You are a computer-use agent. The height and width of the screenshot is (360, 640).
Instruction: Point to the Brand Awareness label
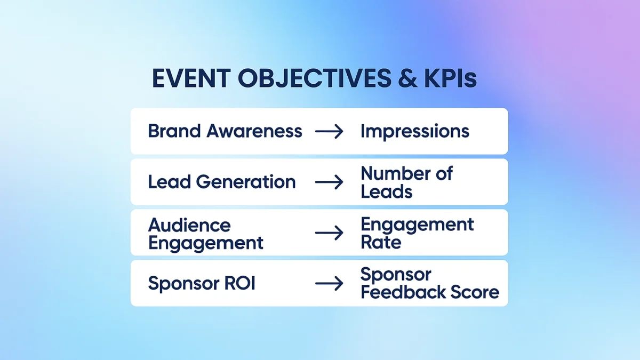(225, 131)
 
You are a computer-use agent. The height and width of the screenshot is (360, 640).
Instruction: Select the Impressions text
(415, 131)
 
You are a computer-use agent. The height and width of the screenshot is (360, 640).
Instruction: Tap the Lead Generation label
(222, 182)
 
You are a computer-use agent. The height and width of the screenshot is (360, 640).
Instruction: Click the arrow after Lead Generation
(329, 182)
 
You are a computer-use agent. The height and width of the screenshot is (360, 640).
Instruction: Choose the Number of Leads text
(406, 182)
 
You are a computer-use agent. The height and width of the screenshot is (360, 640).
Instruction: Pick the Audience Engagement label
(206, 234)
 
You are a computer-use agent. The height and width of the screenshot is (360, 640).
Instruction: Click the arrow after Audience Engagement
(329, 233)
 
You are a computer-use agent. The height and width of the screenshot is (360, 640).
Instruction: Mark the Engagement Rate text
(417, 233)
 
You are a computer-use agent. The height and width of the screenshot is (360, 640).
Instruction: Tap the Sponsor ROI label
(202, 283)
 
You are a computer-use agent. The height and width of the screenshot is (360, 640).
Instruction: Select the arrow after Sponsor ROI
(329, 284)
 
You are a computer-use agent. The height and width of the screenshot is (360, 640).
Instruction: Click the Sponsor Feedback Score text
(430, 283)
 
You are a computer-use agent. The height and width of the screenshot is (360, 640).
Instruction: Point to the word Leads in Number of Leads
(387, 191)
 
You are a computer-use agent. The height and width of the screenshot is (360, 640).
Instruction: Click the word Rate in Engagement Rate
(381, 243)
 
